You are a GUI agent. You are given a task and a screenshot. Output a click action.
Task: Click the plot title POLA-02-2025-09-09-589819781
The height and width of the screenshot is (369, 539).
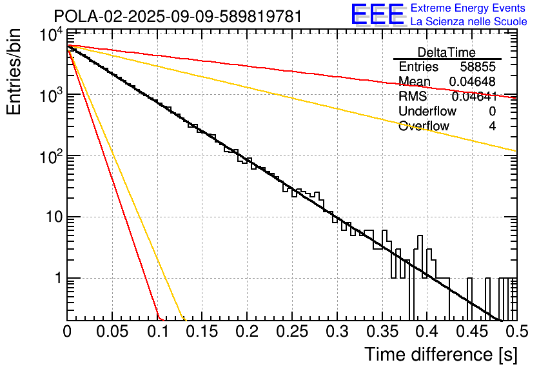[178, 16]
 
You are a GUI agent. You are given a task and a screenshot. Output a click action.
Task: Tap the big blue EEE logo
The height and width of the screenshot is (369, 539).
[377, 14]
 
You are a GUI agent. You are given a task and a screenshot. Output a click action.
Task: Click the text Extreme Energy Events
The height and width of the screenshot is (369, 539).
[469, 8]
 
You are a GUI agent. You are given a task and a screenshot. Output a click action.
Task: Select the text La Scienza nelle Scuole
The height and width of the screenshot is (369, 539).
[469, 21]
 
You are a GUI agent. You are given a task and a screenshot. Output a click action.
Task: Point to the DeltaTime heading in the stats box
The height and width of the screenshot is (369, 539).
[446, 52]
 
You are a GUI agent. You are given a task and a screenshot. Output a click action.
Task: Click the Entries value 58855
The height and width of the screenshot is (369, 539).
[478, 67]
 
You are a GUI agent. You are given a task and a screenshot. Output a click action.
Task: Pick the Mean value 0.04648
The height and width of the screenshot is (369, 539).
[472, 82]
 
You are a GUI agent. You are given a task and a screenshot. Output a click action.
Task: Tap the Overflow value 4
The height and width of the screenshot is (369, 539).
[492, 126]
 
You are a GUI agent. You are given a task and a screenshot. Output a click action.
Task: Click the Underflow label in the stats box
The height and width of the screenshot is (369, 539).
[427, 112]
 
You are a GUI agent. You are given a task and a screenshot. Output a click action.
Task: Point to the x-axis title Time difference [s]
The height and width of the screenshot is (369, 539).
[440, 354]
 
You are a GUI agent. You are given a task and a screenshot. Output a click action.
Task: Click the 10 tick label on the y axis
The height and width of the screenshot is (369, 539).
[52, 217]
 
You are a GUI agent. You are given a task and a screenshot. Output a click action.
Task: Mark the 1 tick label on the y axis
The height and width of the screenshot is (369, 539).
[56, 279]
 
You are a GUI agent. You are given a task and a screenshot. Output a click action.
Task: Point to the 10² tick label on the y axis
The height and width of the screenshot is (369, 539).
[49, 155]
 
